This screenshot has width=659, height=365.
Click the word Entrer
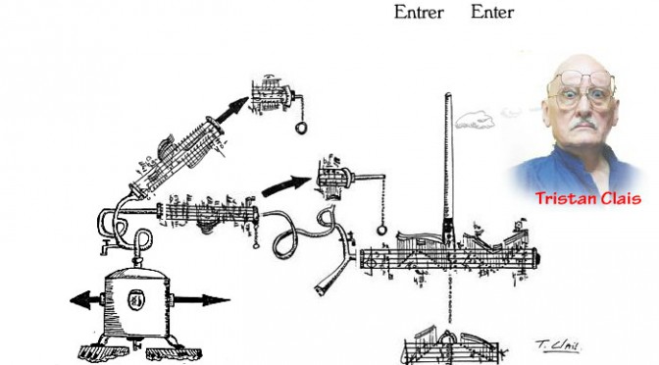(x=419, y=12)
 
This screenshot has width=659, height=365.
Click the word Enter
(x=492, y=12)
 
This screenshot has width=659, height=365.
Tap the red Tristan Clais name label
(x=588, y=198)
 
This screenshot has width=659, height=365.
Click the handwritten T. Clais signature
(x=558, y=345)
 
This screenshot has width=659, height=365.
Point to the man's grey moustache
(x=585, y=124)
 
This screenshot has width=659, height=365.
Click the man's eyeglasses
(x=583, y=89)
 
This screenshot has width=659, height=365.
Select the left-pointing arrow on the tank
(x=85, y=300)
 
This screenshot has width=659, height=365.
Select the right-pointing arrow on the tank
(x=202, y=300)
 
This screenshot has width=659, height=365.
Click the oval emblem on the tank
(x=136, y=300)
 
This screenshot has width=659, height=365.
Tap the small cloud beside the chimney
(x=475, y=120)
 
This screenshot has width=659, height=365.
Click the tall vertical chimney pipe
(x=448, y=168)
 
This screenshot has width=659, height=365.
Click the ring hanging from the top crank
(x=301, y=128)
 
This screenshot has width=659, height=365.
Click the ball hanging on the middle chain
(x=381, y=230)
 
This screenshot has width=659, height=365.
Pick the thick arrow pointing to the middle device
(x=286, y=185)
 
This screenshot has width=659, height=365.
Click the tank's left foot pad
(x=104, y=351)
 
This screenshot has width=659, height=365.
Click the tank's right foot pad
(x=174, y=353)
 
